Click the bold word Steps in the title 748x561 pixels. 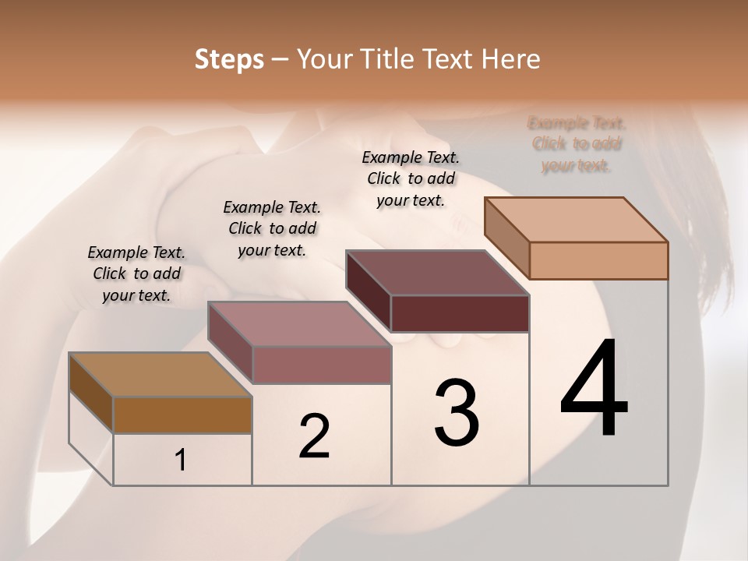click(x=229, y=59)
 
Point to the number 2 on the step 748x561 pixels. click(x=314, y=436)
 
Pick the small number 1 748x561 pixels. click(x=181, y=460)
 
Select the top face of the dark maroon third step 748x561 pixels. click(x=438, y=273)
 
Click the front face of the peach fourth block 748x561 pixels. click(x=598, y=260)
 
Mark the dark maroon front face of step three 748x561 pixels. click(x=460, y=313)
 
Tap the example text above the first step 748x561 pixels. click(x=136, y=273)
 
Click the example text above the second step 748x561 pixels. click(x=272, y=228)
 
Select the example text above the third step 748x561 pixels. click(x=411, y=178)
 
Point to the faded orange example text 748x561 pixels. click(x=577, y=144)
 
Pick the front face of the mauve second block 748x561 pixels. click(x=322, y=365)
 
